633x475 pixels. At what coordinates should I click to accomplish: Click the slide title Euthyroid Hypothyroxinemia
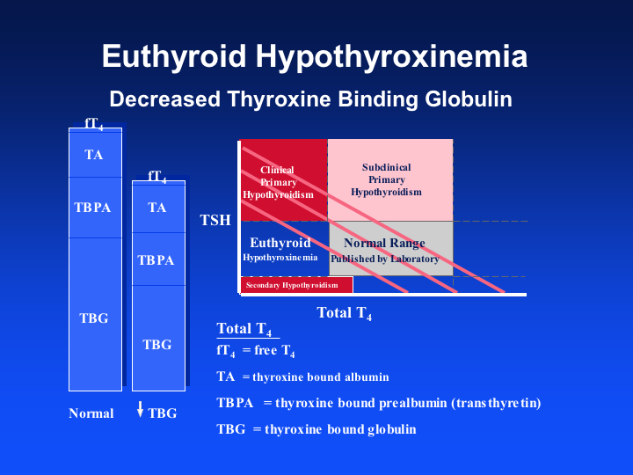(315, 56)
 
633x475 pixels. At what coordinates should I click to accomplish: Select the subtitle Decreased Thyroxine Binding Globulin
(311, 99)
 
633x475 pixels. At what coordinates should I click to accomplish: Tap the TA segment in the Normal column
(95, 153)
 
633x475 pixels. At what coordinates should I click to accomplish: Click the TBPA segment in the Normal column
(95, 208)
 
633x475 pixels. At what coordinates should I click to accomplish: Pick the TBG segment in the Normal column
(95, 314)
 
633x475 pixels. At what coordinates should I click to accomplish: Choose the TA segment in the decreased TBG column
(158, 208)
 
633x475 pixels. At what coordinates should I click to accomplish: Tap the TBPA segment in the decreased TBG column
(158, 259)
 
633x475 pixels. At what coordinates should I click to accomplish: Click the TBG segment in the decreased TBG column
(158, 338)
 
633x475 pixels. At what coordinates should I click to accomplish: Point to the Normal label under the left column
(91, 413)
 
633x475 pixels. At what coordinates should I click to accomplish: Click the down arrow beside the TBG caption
(140, 409)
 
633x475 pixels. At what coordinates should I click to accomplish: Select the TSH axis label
(215, 220)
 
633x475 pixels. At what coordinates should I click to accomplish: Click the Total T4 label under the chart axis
(344, 313)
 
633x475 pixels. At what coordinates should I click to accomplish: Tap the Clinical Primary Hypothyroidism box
(284, 180)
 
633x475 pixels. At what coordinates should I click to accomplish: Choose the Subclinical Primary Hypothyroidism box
(390, 180)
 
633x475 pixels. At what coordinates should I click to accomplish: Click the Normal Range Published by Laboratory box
(390, 248)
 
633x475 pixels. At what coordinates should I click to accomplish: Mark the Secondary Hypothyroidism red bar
(297, 285)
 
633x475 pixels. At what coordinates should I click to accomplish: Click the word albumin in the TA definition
(367, 376)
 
